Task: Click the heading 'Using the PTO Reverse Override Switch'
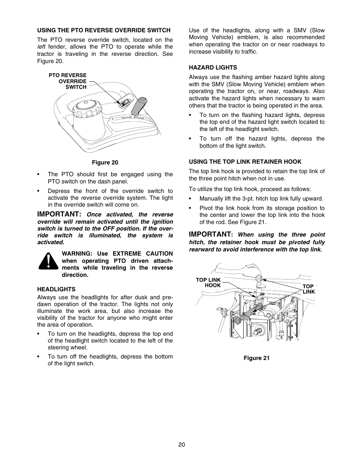pos(104,30)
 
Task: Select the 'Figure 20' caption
pos(105,163)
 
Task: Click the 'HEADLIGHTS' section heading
pos(56,289)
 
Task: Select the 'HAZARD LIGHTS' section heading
pos(213,68)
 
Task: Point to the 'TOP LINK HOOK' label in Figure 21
pos(208,283)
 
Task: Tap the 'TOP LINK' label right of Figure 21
pos(308,289)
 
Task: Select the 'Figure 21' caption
pos(257,358)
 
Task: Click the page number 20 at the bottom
pos(181,445)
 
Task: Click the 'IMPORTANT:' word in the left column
pos(59,214)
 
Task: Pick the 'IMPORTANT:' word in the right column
pos(211,234)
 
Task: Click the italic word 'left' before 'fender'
pos(41,47)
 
